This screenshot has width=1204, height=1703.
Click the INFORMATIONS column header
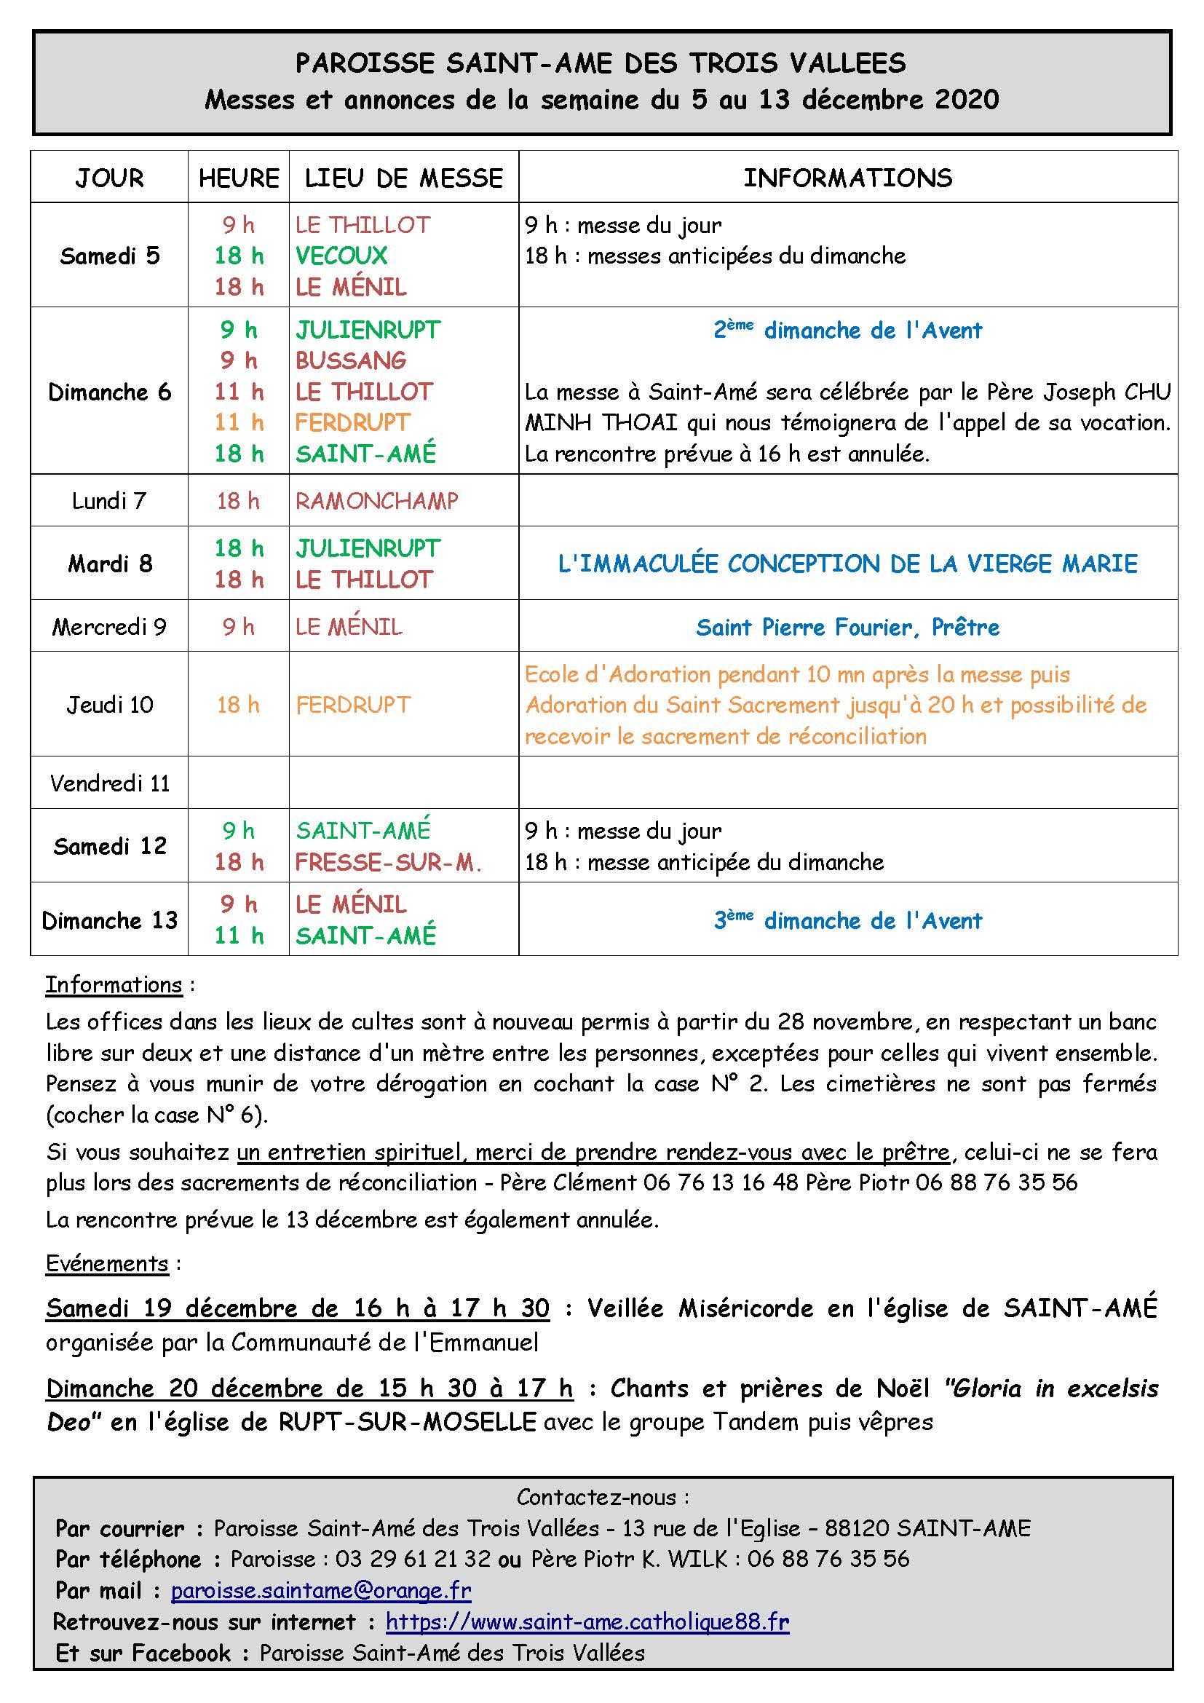847,178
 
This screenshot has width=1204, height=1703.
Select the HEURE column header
239,178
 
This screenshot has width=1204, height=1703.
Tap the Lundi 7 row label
109,501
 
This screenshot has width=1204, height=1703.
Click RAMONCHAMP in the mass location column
376,502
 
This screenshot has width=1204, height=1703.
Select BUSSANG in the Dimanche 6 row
351,360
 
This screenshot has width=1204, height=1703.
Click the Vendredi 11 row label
110,783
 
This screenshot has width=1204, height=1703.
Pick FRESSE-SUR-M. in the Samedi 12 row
389,862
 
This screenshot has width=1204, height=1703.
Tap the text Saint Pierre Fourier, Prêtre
847,628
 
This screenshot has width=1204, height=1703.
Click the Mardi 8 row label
110,564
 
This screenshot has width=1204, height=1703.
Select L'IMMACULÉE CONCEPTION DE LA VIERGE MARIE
847,564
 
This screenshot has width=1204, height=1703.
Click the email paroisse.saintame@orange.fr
321,1590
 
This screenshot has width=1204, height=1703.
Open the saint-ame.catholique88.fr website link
587,1621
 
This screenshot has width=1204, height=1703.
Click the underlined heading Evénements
107,1263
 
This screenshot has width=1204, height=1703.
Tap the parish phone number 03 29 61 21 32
413,1558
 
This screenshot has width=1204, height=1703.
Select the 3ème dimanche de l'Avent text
847,920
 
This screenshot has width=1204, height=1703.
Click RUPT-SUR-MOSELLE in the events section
407,1422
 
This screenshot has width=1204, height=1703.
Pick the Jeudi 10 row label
110,705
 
